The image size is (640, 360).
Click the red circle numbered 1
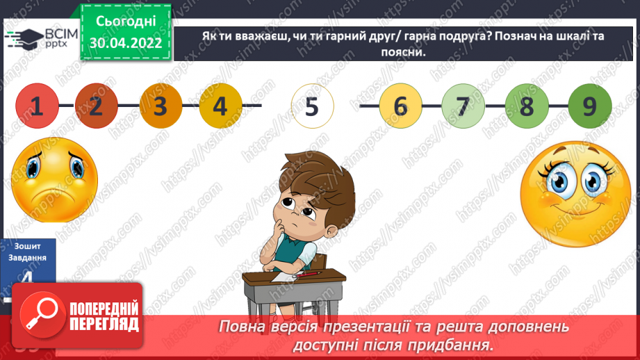(x=37, y=106)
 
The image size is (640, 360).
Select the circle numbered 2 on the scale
(x=96, y=106)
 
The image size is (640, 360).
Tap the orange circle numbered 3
(x=161, y=106)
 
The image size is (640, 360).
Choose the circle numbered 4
(x=220, y=106)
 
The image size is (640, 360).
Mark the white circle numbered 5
(x=312, y=106)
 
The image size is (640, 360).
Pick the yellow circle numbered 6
(x=400, y=106)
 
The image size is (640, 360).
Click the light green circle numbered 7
(x=462, y=106)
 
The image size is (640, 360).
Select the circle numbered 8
(x=526, y=106)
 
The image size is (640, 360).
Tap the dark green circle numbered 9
(x=589, y=106)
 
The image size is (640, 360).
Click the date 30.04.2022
(x=125, y=43)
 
